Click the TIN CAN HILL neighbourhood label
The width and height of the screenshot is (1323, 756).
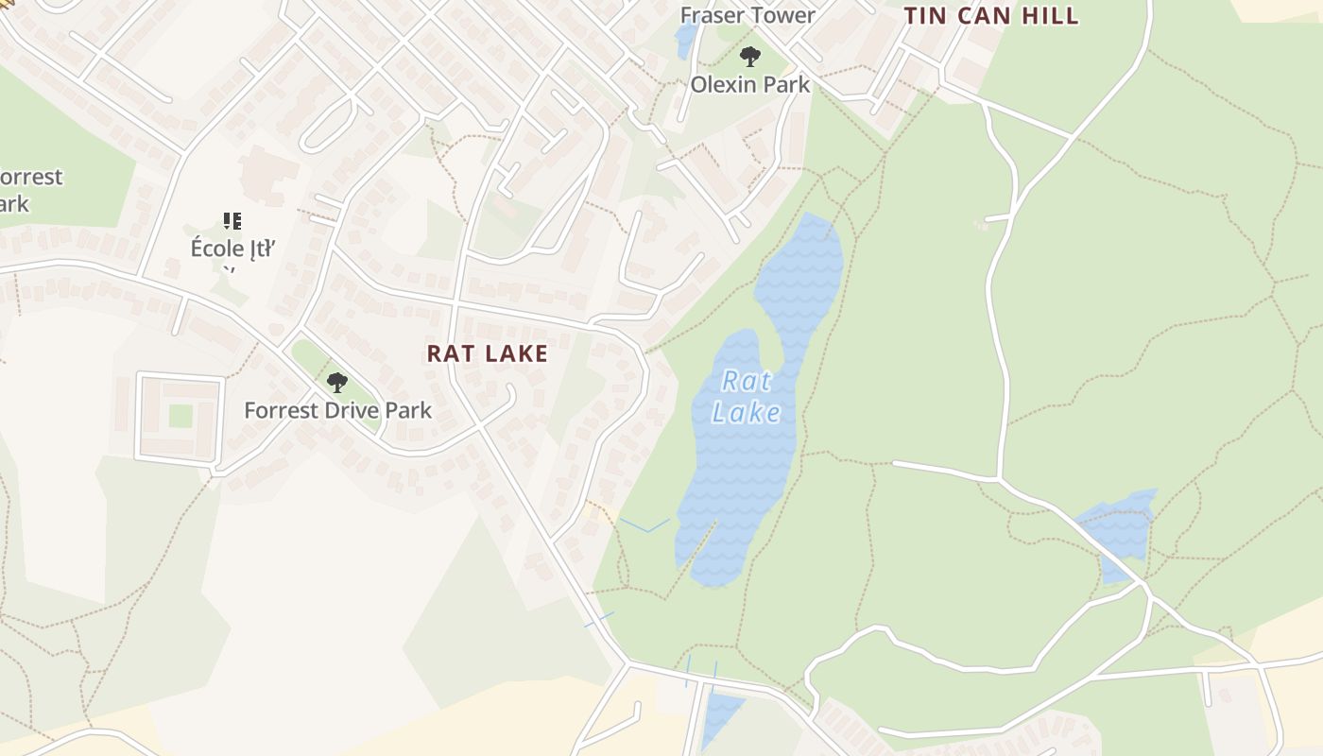[991, 16]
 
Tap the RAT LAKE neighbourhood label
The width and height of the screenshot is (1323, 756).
[487, 353]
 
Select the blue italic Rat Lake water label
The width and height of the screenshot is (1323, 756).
[746, 397]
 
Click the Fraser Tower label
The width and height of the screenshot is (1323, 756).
[747, 15]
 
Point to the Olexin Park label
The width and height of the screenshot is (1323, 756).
[749, 84]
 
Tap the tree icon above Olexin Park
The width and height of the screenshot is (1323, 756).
[749, 57]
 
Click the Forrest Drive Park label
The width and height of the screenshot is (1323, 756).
[337, 410]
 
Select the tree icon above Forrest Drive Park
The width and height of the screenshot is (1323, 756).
[336, 383]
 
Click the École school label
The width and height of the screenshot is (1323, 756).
[232, 249]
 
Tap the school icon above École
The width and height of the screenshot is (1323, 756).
[232, 221]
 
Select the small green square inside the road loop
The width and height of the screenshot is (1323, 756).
[180, 416]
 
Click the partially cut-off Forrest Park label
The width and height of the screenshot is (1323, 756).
[28, 190]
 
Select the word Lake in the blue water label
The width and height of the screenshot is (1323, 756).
[747, 413]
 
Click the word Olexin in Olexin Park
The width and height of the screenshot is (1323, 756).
[724, 84]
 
